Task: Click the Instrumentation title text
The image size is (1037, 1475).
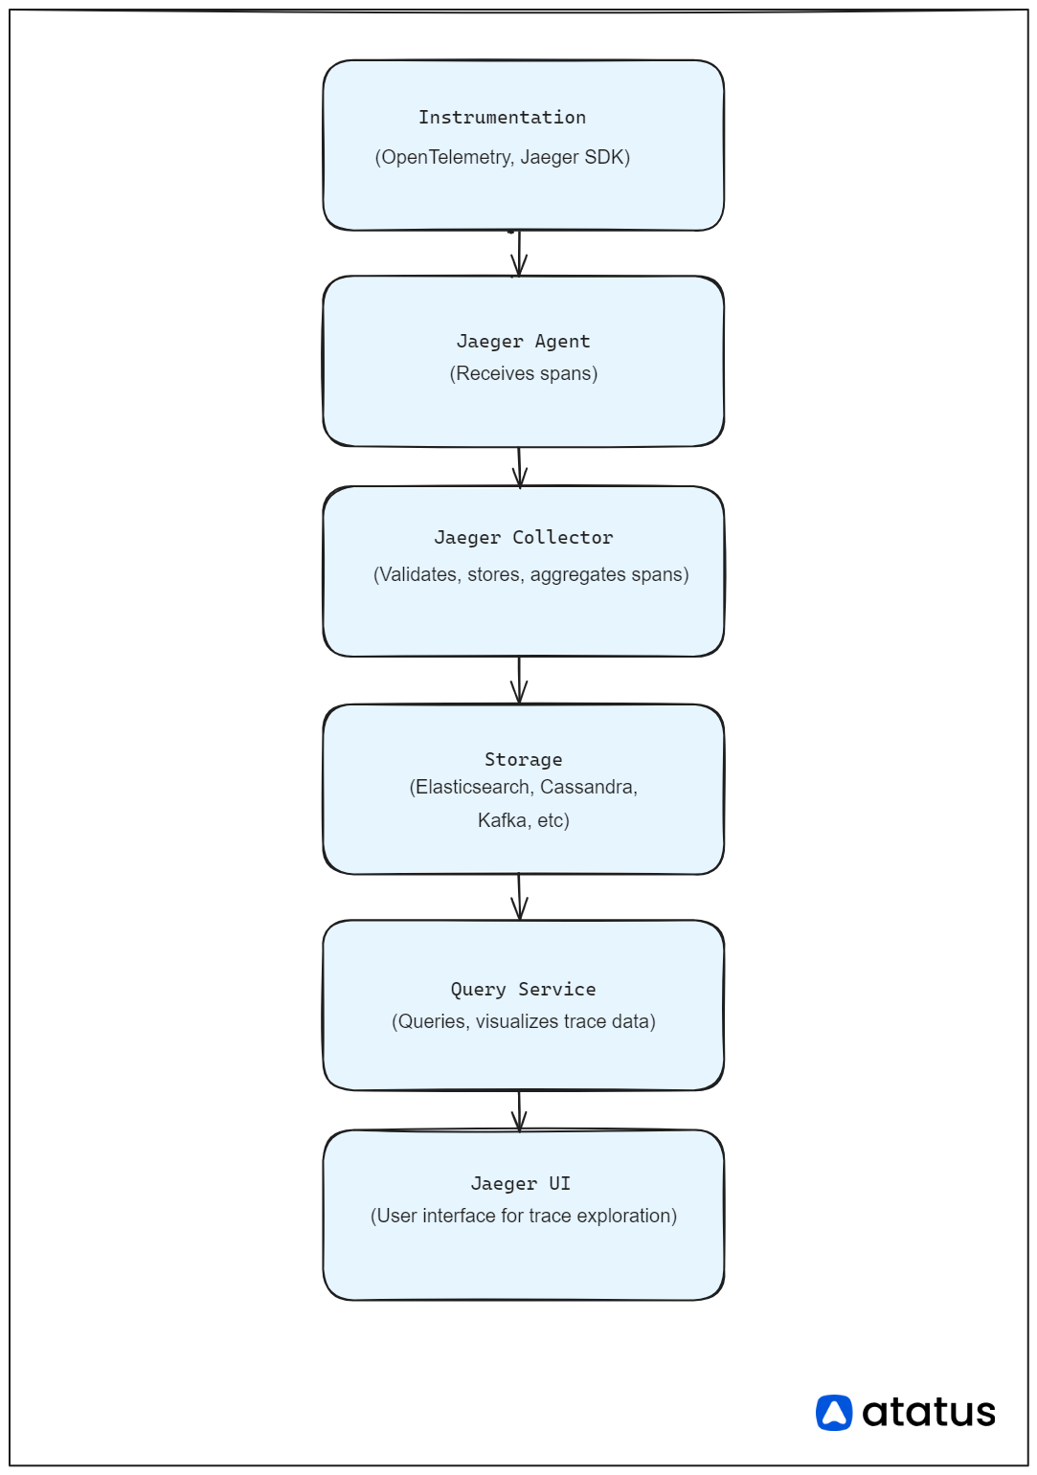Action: pyautogui.click(x=502, y=118)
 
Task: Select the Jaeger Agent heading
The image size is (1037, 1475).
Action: pyautogui.click(x=523, y=342)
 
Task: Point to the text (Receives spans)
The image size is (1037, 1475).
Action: pyautogui.click(x=523, y=373)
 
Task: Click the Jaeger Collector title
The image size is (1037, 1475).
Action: pyautogui.click(x=523, y=538)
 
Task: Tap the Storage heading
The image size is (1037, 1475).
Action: pyautogui.click(x=523, y=760)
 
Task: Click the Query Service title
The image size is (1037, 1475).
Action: pyautogui.click(x=523, y=990)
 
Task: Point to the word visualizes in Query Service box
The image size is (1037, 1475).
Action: pyautogui.click(x=517, y=1021)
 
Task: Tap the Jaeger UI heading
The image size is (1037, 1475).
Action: pyautogui.click(x=520, y=1184)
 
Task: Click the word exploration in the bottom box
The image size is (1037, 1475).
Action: pyautogui.click(x=625, y=1216)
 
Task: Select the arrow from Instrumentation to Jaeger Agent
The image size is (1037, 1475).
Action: pyautogui.click(x=519, y=254)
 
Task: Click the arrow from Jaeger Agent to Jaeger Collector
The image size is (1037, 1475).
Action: pyautogui.click(x=520, y=467)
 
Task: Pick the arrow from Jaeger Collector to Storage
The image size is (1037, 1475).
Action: pyautogui.click(x=519, y=681)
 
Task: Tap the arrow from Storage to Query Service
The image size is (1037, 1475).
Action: pyautogui.click(x=520, y=898)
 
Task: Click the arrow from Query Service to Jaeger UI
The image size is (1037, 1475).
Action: pyautogui.click(x=520, y=1110)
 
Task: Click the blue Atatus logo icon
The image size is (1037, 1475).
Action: pyautogui.click(x=834, y=1413)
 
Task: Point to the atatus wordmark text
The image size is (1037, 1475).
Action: pyautogui.click(x=928, y=1413)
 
